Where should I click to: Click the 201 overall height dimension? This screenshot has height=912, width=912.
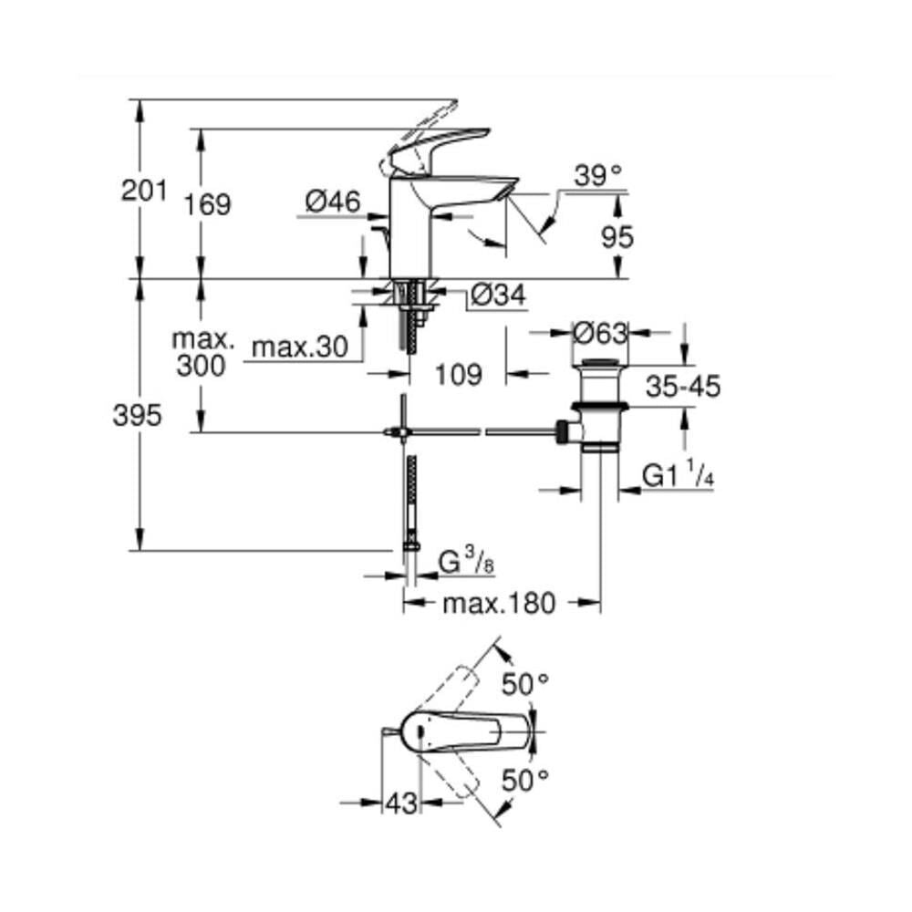pyautogui.click(x=144, y=191)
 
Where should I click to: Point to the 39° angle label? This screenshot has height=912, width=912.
pyautogui.click(x=597, y=173)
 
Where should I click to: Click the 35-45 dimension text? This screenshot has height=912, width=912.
pyautogui.click(x=682, y=386)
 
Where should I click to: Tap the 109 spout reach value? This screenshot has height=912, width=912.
pyautogui.click(x=457, y=374)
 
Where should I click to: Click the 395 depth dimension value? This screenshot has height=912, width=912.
pyautogui.click(x=137, y=416)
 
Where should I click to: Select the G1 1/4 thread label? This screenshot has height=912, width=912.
pyautogui.click(x=677, y=475)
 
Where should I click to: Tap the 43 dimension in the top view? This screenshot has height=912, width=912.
pyautogui.click(x=401, y=803)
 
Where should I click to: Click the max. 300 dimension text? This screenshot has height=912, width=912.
pyautogui.click(x=204, y=353)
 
